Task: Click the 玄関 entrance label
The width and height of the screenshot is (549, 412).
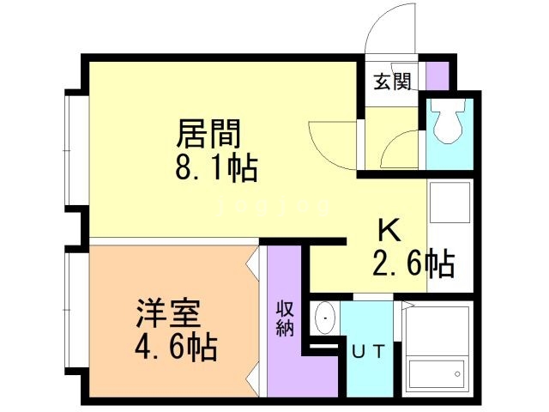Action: click(x=391, y=82)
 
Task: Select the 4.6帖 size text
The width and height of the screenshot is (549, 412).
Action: click(x=175, y=348)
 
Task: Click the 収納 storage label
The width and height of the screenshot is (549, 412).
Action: click(x=282, y=318)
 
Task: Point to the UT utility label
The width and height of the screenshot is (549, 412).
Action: click(x=370, y=349)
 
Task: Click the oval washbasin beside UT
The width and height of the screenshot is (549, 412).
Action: click(x=325, y=319)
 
